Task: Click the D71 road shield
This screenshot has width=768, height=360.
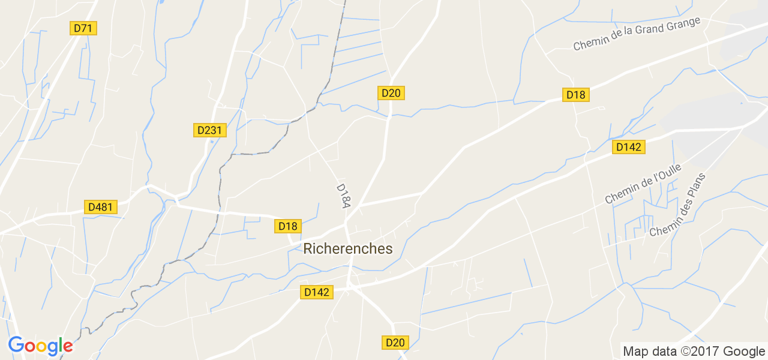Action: [83, 28]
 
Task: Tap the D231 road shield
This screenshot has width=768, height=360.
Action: [209, 130]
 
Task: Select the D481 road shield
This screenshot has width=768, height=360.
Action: [100, 207]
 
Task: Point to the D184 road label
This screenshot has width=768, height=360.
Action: [343, 196]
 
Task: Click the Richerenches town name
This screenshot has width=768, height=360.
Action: [348, 248]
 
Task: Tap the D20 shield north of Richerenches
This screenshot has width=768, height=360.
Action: [391, 93]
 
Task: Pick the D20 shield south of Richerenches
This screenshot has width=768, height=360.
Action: [395, 343]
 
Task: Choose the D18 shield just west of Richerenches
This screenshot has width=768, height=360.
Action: [288, 226]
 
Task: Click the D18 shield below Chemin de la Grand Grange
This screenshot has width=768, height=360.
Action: [575, 95]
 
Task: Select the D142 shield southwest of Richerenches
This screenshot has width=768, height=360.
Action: [317, 292]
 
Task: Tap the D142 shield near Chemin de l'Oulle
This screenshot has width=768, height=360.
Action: [629, 147]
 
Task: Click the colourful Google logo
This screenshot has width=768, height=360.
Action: [40, 346]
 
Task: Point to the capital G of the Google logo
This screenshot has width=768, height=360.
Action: [16, 345]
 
